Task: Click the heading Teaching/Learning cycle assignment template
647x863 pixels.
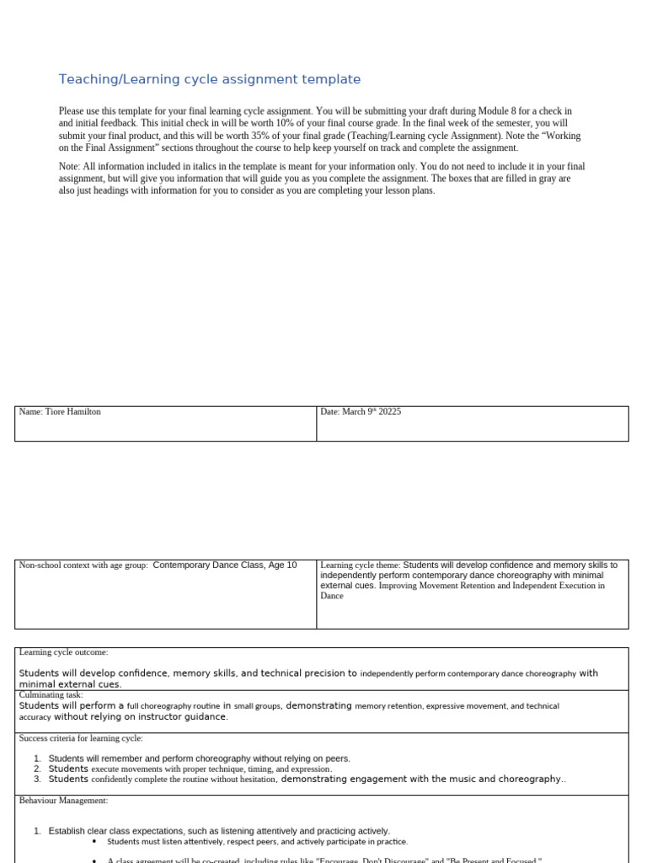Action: pyautogui.click(x=209, y=79)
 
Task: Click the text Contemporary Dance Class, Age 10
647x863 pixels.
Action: pyautogui.click(x=225, y=566)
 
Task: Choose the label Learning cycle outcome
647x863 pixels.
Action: pyautogui.click(x=63, y=652)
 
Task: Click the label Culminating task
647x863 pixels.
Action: pyautogui.click(x=51, y=694)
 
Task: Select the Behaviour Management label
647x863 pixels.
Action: pyautogui.click(x=63, y=801)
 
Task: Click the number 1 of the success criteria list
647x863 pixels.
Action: pyautogui.click(x=38, y=758)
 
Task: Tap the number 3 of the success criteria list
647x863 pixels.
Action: pyautogui.click(x=38, y=780)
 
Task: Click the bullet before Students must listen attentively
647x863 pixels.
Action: pyautogui.click(x=94, y=841)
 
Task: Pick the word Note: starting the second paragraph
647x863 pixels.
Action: pyautogui.click(x=71, y=167)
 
